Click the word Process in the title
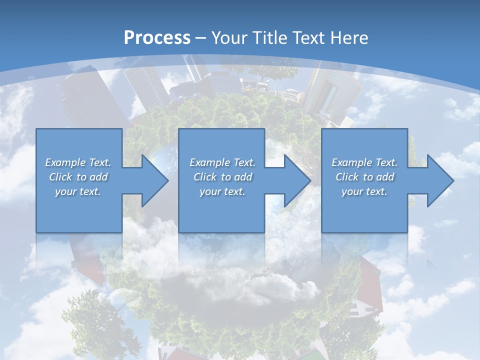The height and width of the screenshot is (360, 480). [x=157, y=38]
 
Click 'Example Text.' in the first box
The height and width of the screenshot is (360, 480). [x=78, y=162]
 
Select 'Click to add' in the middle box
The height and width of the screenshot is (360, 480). [x=222, y=177]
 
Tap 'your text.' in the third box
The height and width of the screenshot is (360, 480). [x=364, y=191]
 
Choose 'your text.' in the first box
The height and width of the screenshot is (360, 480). [x=78, y=191]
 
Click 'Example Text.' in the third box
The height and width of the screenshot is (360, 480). [x=364, y=162]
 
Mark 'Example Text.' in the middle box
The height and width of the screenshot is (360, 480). [x=222, y=162]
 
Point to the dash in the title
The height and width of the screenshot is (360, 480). [x=200, y=38]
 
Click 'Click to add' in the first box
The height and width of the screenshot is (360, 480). [x=78, y=177]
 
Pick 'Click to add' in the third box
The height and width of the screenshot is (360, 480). [x=364, y=177]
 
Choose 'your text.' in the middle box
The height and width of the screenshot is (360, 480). [x=222, y=191]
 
